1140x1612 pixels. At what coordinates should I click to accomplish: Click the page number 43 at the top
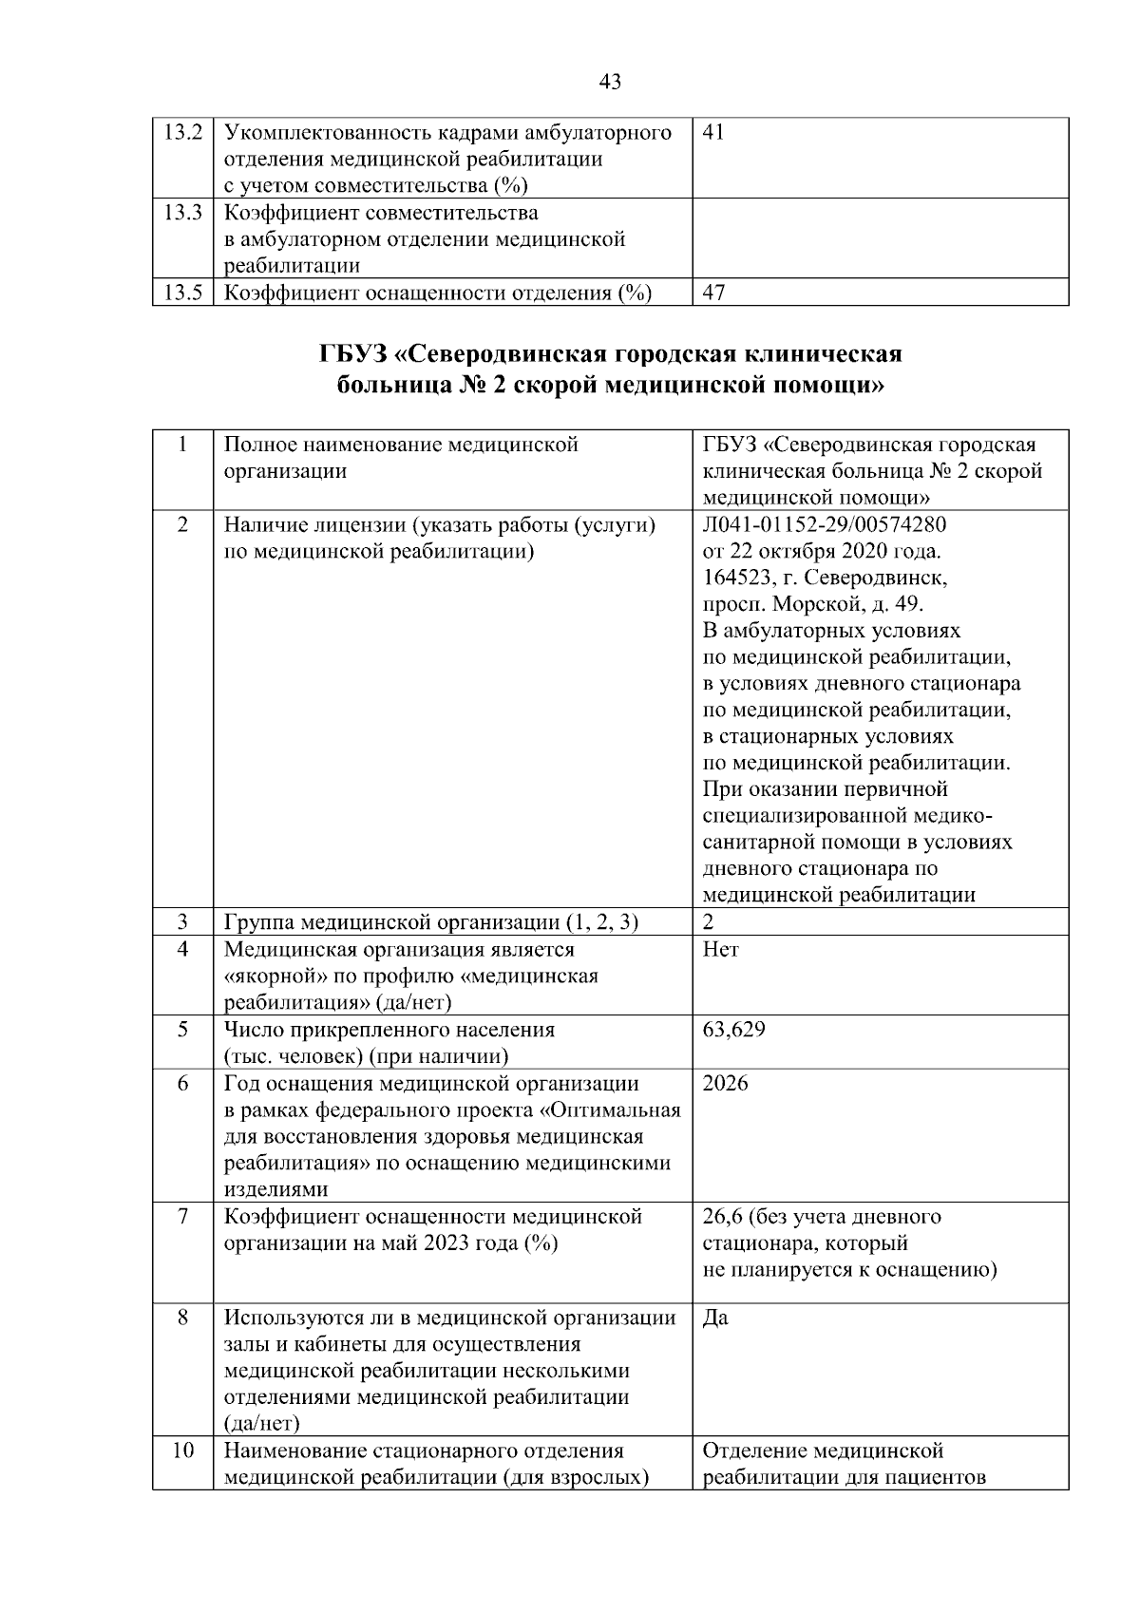pos(611,83)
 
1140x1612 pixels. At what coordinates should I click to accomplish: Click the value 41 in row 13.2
pos(712,133)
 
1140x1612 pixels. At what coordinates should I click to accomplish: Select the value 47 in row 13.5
pos(712,293)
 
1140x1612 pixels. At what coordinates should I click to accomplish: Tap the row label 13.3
pos(182,213)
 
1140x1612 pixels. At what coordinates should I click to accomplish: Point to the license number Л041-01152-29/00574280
pos(824,525)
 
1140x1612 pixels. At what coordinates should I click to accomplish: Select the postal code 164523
pos(735,578)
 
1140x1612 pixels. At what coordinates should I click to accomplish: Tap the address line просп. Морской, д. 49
pos(812,605)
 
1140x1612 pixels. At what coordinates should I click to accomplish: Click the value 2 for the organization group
pos(709,922)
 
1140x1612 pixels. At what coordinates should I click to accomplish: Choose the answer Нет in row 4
pos(720,949)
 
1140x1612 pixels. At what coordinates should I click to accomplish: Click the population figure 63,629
pos(733,1030)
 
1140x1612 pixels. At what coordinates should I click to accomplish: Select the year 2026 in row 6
pos(726,1084)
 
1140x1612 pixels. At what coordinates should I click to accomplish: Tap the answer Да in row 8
pos(715,1318)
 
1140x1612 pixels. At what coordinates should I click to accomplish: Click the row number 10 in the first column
pos(182,1451)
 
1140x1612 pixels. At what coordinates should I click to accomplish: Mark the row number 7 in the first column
pos(182,1217)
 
